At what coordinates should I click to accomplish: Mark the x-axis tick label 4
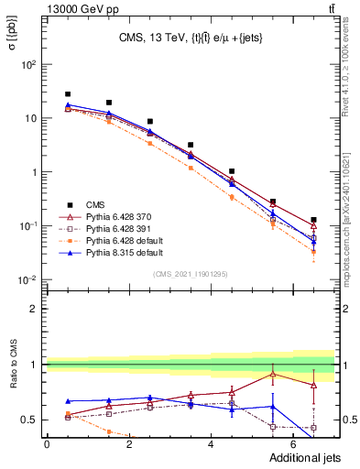point(212,444)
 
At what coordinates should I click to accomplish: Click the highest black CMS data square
point(68,94)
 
